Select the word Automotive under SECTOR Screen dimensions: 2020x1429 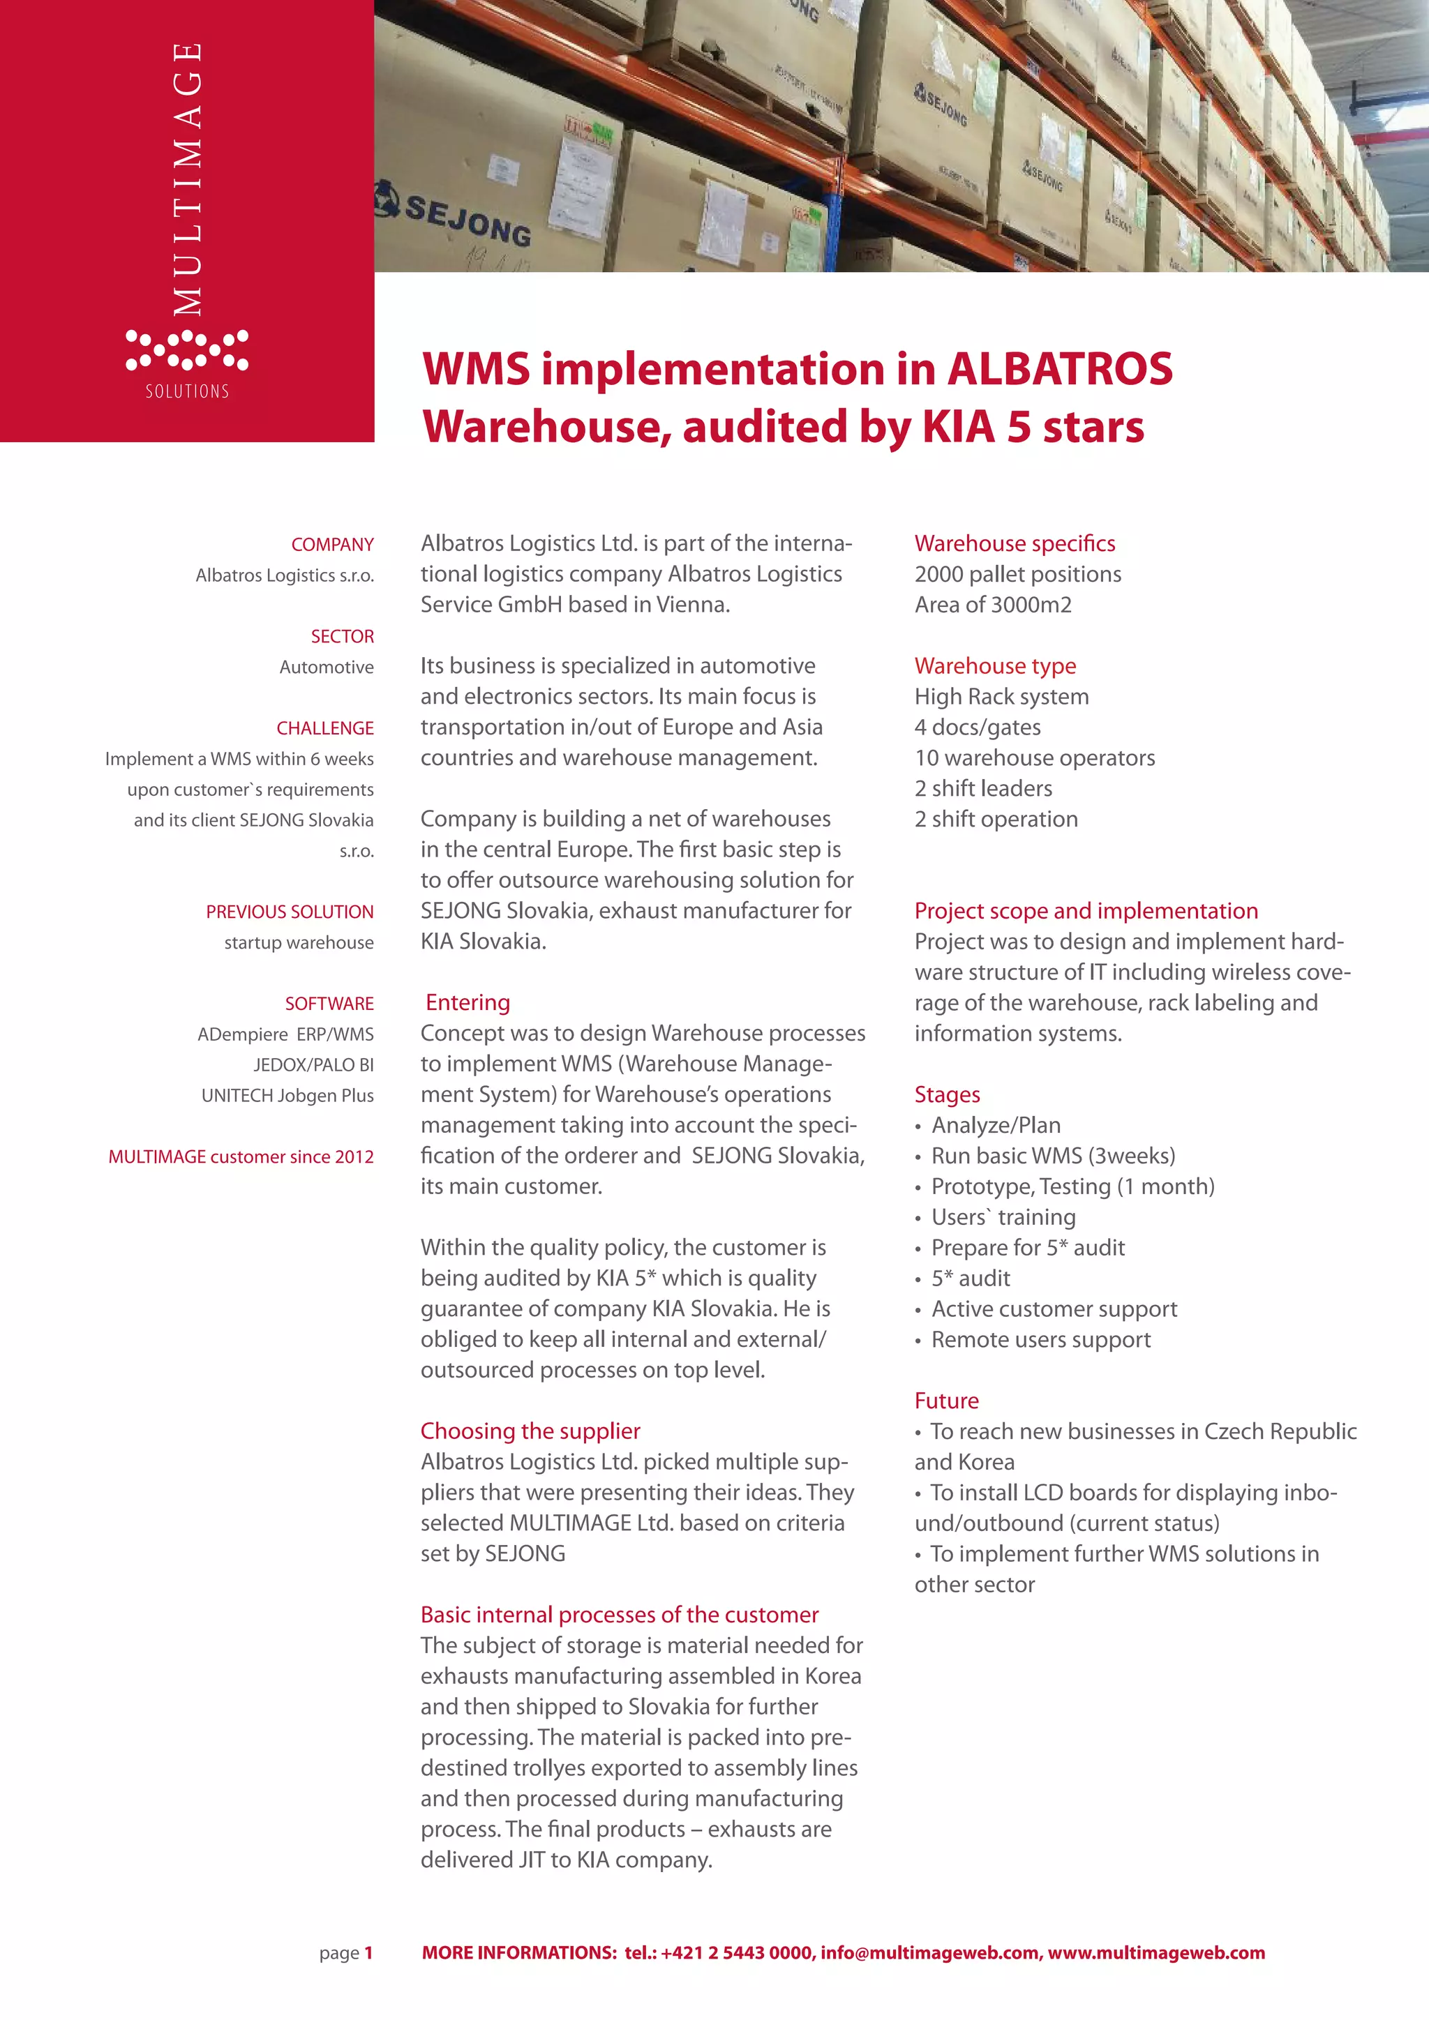click(326, 667)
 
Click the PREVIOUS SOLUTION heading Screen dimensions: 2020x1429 click(290, 912)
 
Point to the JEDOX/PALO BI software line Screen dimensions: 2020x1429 click(313, 1064)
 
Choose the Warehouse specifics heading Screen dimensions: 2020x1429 click(1014, 543)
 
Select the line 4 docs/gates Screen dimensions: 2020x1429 click(977, 727)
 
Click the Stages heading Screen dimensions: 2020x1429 click(946, 1094)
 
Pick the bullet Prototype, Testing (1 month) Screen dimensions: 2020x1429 click(1072, 1186)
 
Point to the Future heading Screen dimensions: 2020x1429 click(946, 1400)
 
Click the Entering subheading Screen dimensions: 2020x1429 click(467, 1002)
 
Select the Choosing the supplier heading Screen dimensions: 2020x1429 click(530, 1431)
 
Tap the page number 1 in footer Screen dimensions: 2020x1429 click(368, 1952)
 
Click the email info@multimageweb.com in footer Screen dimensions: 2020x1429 click(929, 1952)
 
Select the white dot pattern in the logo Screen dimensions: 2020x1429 click(186, 349)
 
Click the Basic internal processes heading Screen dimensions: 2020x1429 click(619, 1615)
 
